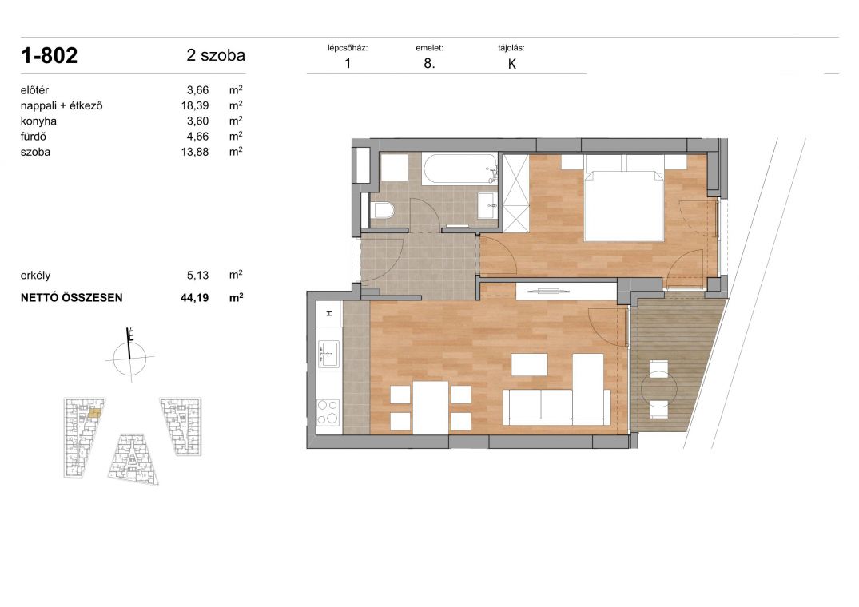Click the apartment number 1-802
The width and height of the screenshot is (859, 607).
tap(50, 56)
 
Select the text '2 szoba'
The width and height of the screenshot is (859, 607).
tap(216, 55)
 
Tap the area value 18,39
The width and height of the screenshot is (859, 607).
tap(195, 105)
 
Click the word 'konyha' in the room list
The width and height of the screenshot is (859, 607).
tap(38, 121)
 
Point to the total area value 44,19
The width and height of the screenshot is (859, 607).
tap(194, 298)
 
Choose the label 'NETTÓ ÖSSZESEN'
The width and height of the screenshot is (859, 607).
tap(72, 298)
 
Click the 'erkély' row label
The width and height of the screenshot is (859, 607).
tap(35, 276)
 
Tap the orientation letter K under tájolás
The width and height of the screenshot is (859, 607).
tap(512, 64)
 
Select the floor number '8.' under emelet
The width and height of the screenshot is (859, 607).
tap(430, 63)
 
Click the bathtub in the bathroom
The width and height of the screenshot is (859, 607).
tap(459, 169)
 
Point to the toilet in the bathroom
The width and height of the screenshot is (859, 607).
tap(382, 211)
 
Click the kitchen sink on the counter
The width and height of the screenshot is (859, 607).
tap(328, 353)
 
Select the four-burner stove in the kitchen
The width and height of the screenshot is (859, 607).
tap(328, 412)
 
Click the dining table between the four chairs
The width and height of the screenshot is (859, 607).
tap(431, 407)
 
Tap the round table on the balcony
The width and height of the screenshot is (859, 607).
tap(658, 389)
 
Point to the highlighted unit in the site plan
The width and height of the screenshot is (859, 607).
tap(94, 414)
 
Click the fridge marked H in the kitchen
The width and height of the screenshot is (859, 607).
tap(329, 314)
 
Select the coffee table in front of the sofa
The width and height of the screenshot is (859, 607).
tap(529, 364)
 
